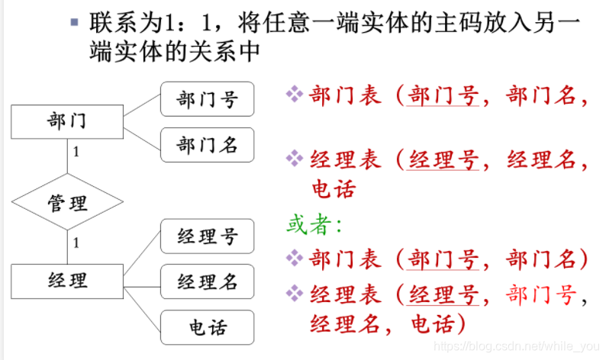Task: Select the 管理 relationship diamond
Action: [x=67, y=202]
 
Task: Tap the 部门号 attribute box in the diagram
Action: [x=207, y=99]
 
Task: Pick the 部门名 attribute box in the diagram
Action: [x=207, y=145]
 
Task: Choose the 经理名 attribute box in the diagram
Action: [x=207, y=282]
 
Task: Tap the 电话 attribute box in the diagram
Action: [x=207, y=327]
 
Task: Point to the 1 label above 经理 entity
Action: [x=76, y=243]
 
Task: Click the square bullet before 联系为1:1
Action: [x=73, y=22]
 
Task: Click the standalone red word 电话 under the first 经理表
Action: [x=334, y=188]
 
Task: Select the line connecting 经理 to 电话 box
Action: [x=143, y=305]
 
